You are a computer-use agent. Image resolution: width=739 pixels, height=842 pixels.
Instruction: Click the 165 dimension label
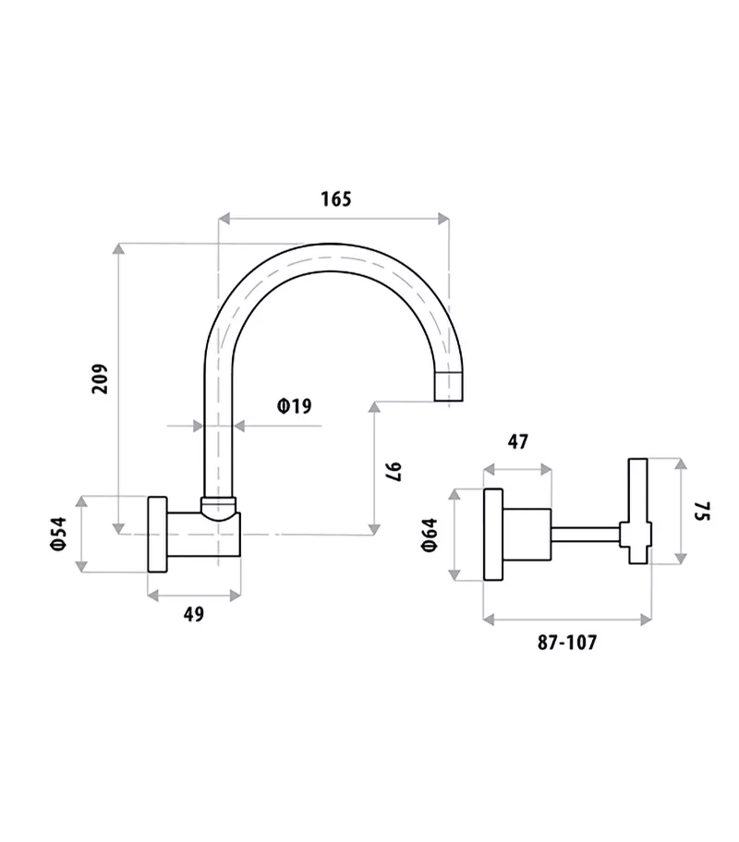click(x=335, y=198)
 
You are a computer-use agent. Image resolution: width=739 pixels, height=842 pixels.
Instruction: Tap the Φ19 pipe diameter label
click(x=294, y=405)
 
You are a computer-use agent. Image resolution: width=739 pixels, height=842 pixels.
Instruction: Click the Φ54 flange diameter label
click(x=58, y=534)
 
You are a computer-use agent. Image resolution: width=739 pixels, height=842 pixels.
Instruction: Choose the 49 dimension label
click(x=193, y=614)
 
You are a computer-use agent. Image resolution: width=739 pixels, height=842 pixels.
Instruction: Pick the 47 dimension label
click(x=517, y=441)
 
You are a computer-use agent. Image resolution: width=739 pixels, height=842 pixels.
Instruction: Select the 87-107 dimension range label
click(x=567, y=643)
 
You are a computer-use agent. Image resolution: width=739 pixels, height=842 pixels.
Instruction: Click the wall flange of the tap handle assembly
click(x=493, y=534)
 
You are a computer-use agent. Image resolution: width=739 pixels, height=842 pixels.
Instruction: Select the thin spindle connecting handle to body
click(x=586, y=534)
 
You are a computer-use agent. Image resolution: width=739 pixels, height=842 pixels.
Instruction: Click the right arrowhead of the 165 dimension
click(x=444, y=219)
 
